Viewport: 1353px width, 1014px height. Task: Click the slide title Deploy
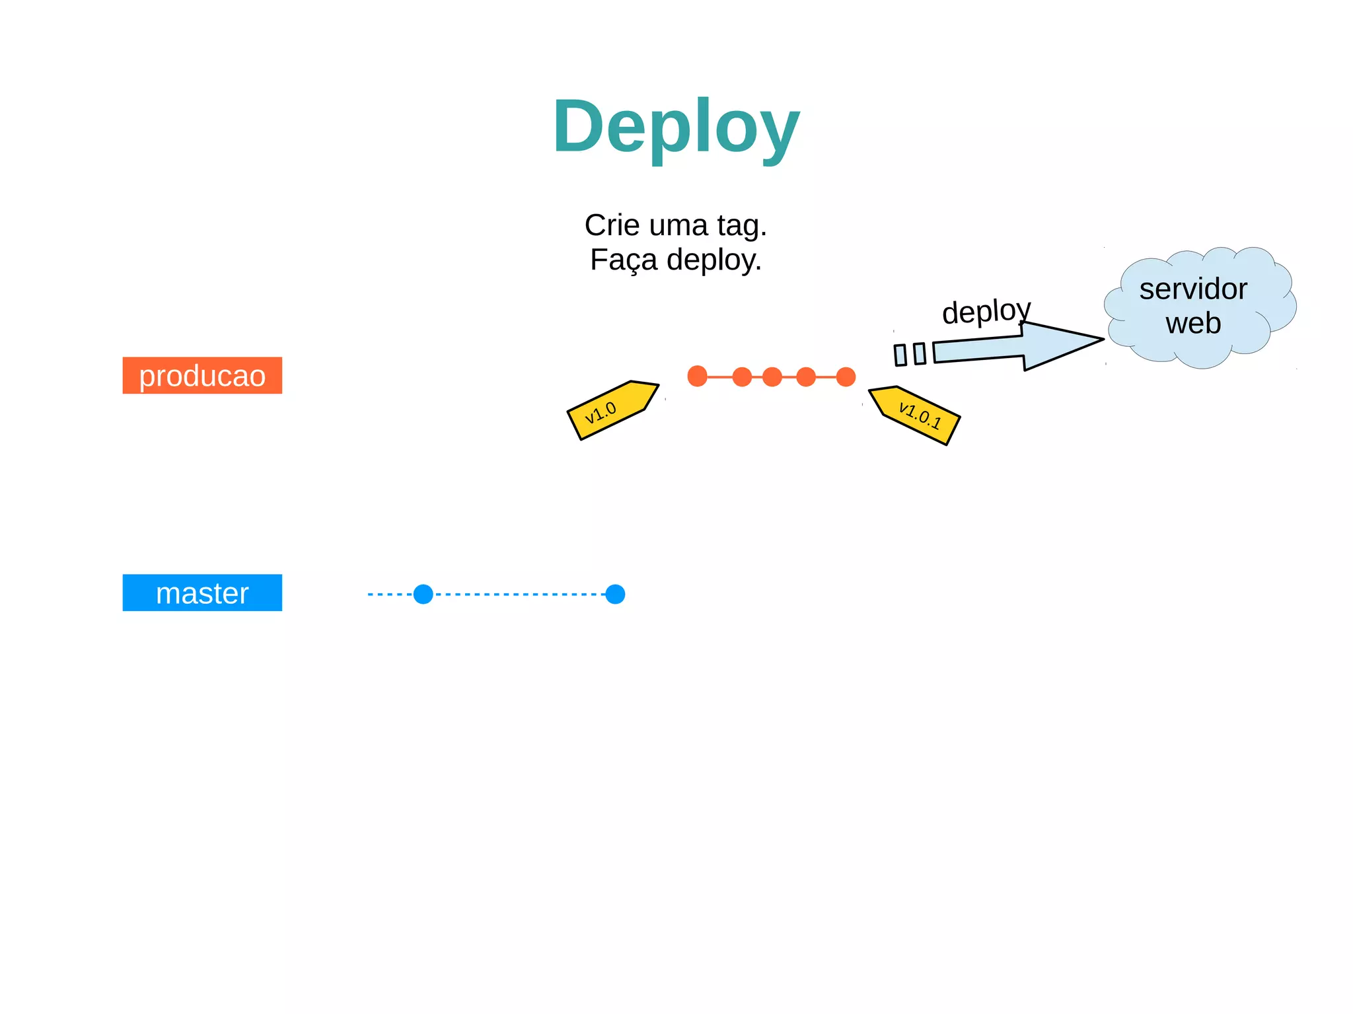pos(676,126)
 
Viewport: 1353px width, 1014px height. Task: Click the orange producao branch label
pos(202,375)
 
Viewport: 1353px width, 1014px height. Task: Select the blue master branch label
pos(202,593)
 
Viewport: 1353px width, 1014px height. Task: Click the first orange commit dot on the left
pos(697,377)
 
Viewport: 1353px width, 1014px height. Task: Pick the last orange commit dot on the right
pos(846,377)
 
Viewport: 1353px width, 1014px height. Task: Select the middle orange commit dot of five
pos(772,377)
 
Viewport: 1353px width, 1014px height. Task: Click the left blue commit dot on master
pos(423,594)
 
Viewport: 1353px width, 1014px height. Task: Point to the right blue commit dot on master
pos(615,594)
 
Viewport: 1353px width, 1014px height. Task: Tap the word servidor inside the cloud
pos(1193,289)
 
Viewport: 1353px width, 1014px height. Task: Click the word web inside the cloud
pos(1193,323)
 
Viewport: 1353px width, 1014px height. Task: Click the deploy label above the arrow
pos(986,311)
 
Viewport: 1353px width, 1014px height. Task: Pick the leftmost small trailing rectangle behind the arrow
pos(900,355)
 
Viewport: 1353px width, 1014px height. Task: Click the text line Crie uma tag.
pos(675,225)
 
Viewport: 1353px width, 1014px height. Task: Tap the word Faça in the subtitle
pos(624,260)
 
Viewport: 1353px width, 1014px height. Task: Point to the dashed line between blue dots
pos(519,594)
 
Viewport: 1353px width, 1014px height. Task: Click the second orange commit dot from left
pos(742,377)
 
